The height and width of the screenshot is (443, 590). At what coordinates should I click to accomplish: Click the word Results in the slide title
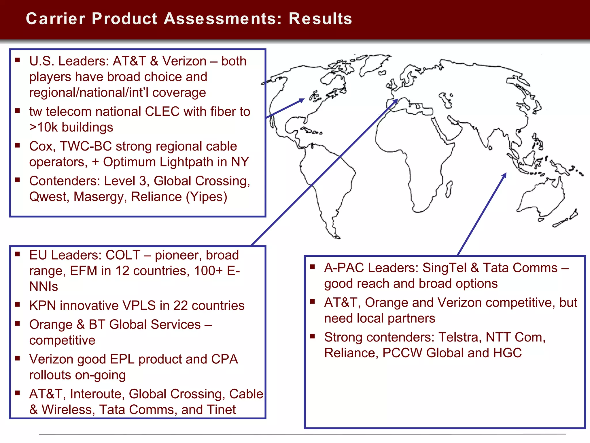coord(320,19)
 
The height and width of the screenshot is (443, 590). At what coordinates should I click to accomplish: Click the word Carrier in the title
coord(56,19)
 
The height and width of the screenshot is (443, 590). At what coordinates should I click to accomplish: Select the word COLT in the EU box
coord(123,255)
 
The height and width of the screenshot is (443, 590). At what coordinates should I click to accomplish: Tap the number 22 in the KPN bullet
coord(181,305)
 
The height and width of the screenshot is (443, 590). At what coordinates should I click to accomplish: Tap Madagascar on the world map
coord(449,189)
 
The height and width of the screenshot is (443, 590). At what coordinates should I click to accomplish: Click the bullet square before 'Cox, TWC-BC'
coord(18,145)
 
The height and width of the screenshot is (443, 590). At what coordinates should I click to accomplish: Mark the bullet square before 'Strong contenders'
coord(313,336)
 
